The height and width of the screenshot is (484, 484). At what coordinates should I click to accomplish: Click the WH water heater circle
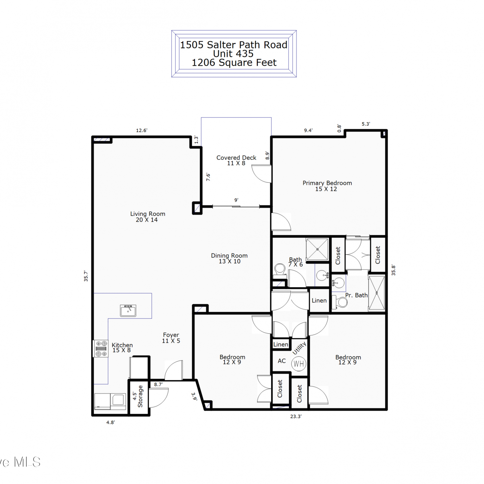point(299,364)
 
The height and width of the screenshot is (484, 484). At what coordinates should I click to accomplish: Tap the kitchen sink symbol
point(128,311)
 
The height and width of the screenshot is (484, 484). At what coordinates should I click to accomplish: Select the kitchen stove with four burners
point(101,349)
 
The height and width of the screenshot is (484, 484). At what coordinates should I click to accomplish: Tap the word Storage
point(140,396)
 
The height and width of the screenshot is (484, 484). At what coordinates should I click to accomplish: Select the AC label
point(282,361)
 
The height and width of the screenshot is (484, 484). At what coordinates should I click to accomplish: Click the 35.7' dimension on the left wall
point(86,276)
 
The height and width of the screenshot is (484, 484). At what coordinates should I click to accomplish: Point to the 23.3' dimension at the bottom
point(296,417)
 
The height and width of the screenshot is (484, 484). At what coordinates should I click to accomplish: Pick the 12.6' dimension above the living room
point(142,130)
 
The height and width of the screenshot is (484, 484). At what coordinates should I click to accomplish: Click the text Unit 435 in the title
point(233,54)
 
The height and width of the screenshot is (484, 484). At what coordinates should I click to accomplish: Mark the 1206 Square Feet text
point(234,63)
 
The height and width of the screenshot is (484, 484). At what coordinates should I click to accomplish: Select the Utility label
point(299,348)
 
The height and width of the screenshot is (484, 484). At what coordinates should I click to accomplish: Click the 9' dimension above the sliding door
point(236,200)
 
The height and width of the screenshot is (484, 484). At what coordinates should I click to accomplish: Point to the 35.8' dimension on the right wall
point(393,270)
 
